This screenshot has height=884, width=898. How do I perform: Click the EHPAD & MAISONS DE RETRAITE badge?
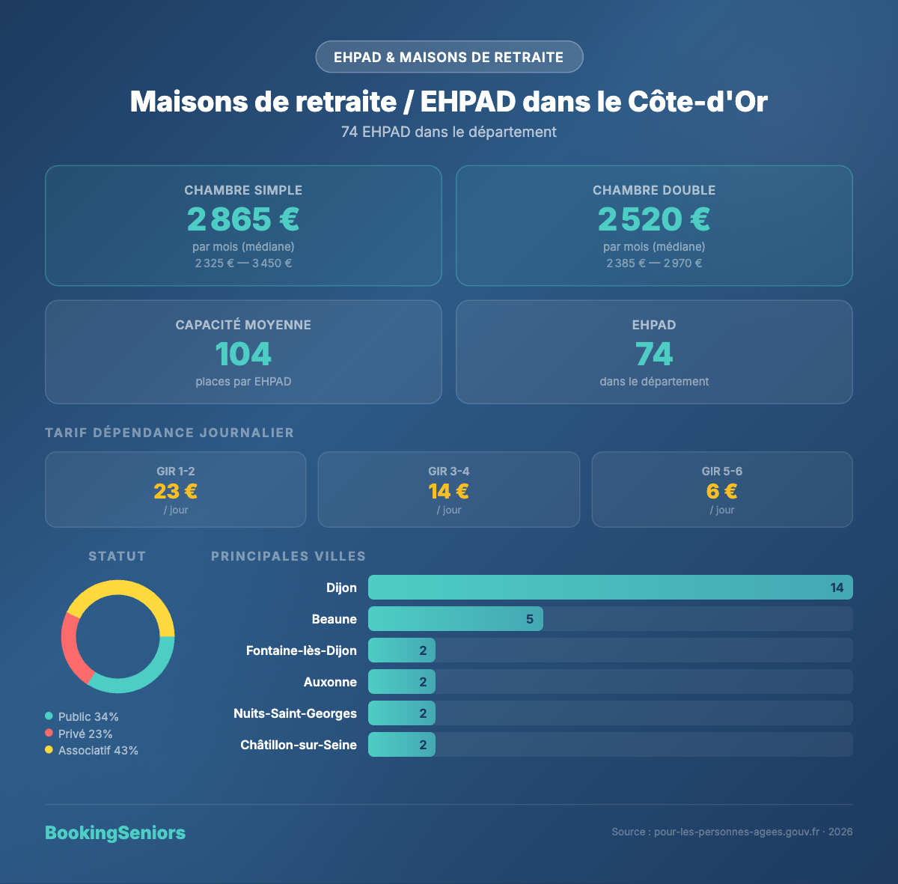coord(449,57)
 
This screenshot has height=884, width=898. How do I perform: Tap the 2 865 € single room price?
coord(243,219)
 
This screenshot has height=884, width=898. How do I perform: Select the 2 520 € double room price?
coord(654,219)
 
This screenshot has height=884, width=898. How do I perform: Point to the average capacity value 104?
coord(243,354)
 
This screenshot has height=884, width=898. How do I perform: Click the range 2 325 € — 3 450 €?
coord(243,263)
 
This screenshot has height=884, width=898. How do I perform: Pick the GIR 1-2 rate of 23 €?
coord(176,491)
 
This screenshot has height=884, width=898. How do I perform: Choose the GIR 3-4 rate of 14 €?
coord(449,491)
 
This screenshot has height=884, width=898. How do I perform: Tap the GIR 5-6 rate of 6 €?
coord(722,491)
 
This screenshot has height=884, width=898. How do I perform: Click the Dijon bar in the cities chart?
coord(610,588)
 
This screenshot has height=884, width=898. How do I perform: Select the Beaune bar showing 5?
coord(455,619)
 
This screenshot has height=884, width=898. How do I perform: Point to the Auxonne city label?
coord(330,682)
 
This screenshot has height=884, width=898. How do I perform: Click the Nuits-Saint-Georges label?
coord(295,713)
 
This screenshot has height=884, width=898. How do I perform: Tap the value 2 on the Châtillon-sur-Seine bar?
coord(423,745)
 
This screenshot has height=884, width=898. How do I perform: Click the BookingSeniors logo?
coord(115,833)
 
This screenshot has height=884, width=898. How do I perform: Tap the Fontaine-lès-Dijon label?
coord(301,650)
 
